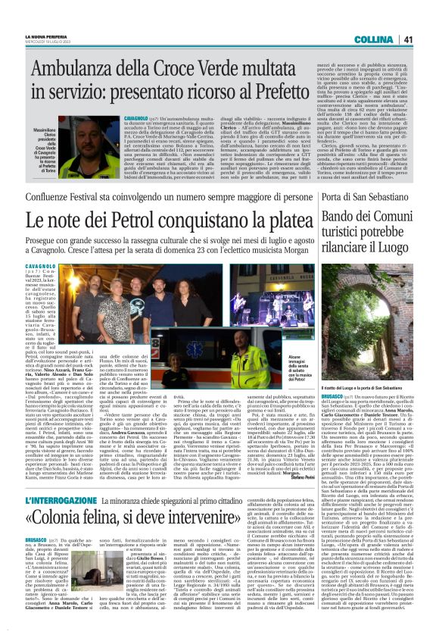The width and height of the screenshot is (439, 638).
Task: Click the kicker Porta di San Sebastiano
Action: tap(368, 198)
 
